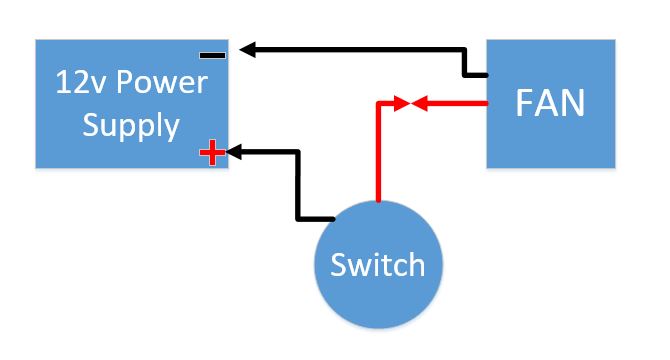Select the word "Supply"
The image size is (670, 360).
click(131, 126)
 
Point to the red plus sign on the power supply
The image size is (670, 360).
click(211, 153)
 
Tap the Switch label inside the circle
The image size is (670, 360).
click(378, 266)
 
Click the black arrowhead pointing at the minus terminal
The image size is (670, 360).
click(247, 48)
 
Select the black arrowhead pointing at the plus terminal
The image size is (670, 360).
click(236, 152)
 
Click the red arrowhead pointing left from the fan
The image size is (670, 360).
click(419, 102)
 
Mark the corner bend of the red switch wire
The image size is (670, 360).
click(378, 102)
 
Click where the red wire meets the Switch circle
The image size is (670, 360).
click(378, 202)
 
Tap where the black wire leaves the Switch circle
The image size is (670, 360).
click(334, 219)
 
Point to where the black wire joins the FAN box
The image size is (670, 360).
click(486, 75)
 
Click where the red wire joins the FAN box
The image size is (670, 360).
click(486, 102)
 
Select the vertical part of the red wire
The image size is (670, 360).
click(378, 150)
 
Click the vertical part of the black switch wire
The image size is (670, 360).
click(298, 185)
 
